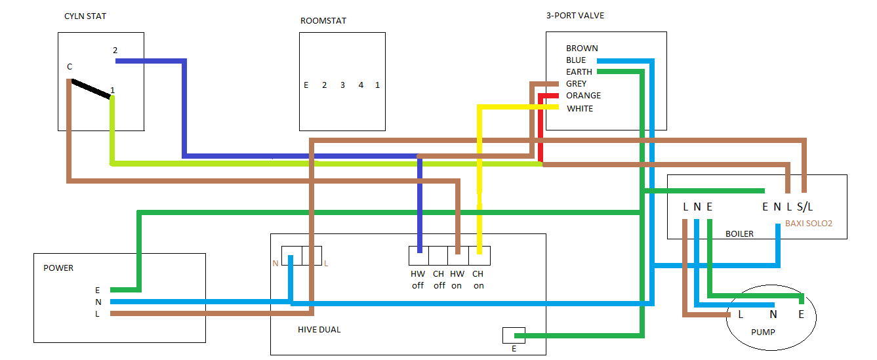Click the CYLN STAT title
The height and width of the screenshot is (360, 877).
point(85,16)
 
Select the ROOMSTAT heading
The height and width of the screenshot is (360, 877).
point(323,21)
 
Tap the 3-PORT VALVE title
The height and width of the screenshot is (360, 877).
point(575,16)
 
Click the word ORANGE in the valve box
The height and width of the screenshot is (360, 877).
point(583,96)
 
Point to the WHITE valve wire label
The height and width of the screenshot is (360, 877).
point(580,109)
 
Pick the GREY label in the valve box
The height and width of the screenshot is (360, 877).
point(577,84)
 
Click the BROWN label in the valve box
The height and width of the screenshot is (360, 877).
point(582,48)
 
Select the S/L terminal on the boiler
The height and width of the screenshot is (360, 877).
point(805,207)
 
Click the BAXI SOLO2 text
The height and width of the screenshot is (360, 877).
point(809,224)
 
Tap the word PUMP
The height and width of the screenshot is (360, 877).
point(763,332)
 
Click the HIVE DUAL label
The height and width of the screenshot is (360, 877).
point(319,330)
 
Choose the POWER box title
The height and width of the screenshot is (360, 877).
point(58,268)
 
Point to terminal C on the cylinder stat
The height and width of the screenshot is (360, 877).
point(70,67)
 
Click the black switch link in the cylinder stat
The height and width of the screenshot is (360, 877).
point(91,89)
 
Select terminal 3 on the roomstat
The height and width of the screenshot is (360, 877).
point(342,85)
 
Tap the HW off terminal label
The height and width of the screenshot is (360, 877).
point(418,280)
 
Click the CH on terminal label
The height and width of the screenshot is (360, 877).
point(478,280)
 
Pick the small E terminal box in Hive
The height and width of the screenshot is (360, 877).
point(514,335)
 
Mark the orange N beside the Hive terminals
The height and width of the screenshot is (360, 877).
point(275,264)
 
